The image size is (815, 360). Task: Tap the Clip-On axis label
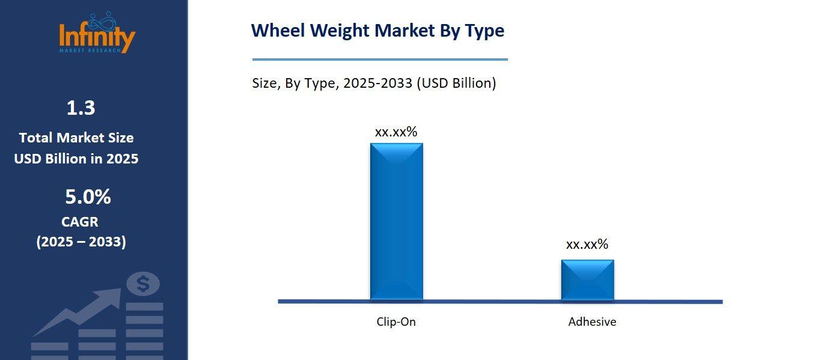(396, 322)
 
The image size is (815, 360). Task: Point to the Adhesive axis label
(592, 322)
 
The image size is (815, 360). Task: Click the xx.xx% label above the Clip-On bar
(396, 132)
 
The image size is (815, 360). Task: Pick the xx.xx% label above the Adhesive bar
(587, 244)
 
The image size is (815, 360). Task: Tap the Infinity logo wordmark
(97, 37)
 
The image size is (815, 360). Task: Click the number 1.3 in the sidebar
(81, 108)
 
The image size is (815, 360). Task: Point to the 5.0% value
(88, 197)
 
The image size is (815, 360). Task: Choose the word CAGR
(79, 222)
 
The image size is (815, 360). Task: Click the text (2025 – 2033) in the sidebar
(81, 242)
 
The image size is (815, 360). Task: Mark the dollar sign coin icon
(143, 284)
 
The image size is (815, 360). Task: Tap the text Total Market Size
(76, 138)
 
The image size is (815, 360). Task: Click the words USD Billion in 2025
(76, 159)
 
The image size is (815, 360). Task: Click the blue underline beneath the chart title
(380, 59)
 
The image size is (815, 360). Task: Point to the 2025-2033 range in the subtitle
(377, 83)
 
